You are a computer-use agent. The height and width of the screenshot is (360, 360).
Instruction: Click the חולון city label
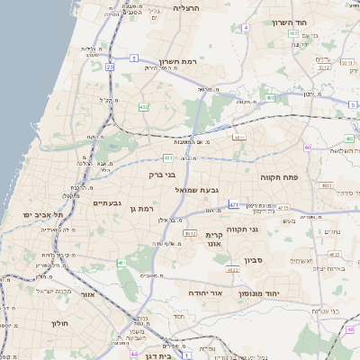point(60,322)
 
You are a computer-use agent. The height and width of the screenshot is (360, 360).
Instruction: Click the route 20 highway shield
point(110,67)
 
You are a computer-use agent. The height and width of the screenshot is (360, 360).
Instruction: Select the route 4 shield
point(244,28)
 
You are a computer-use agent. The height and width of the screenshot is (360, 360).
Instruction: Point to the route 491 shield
point(270,98)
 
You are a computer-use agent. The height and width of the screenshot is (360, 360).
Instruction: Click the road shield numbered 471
point(233,204)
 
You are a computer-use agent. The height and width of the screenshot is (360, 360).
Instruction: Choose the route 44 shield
point(109,343)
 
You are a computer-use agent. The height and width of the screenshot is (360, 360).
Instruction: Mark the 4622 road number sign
point(232,269)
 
